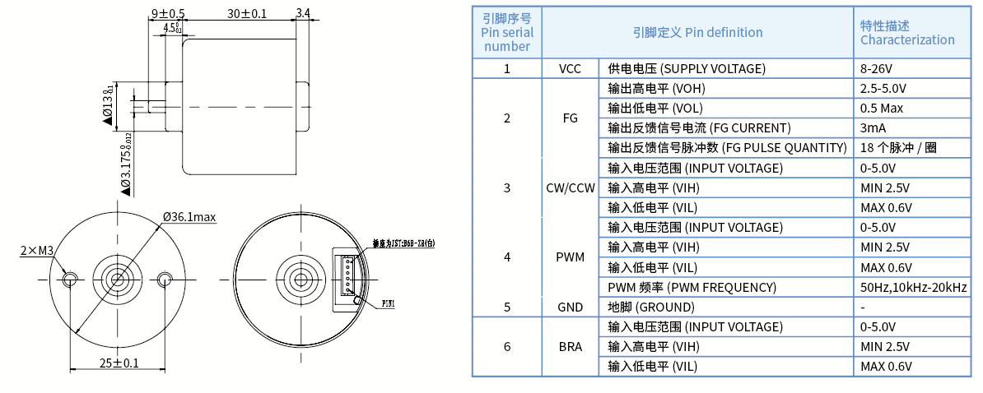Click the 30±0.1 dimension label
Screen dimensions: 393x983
247,13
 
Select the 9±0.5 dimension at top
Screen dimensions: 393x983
168,13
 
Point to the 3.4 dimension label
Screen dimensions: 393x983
302,13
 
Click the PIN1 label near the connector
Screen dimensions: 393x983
389,304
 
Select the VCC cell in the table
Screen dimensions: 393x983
570,68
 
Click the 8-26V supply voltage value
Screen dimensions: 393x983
877,68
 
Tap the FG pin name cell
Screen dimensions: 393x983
570,118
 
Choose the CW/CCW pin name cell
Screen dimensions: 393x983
570,187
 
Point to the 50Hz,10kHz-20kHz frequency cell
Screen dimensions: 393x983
914,287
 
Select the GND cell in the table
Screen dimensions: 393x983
570,307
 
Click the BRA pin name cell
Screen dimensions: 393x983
570,346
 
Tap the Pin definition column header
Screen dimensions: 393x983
697,32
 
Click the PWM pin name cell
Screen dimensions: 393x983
570,257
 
